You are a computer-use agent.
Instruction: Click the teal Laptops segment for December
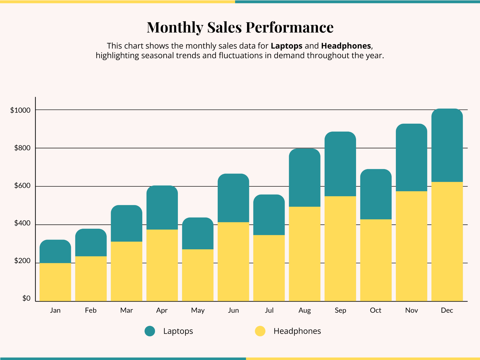(447, 145)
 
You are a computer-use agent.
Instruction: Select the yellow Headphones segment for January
(55, 282)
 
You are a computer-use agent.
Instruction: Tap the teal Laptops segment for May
(198, 234)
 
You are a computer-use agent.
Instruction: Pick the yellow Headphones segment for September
(340, 248)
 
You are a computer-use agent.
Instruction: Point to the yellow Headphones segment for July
(269, 268)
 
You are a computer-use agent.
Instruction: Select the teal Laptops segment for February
(91, 243)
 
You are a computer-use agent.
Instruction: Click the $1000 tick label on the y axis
(20, 110)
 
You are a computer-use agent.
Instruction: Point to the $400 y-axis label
(22, 223)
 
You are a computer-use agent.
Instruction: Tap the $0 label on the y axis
(26, 298)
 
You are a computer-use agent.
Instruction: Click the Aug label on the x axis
(305, 310)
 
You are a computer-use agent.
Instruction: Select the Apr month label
(162, 310)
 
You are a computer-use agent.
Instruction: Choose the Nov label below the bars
(411, 310)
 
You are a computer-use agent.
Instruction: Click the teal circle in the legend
(150, 331)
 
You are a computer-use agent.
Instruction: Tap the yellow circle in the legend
(260, 331)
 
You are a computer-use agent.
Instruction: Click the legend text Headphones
(297, 331)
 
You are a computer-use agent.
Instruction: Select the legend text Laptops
(178, 331)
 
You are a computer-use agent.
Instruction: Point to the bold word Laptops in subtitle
(286, 46)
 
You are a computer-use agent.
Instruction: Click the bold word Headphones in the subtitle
(346, 46)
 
